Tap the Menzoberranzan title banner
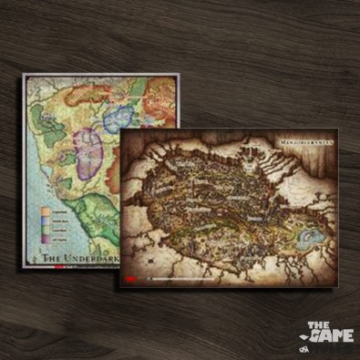click(x=304, y=142)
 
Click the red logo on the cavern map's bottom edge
click(x=132, y=278)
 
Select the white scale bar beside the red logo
click(x=182, y=278)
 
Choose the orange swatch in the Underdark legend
click(x=46, y=210)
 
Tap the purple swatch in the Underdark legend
click(x=46, y=238)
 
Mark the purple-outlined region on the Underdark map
click(x=88, y=150)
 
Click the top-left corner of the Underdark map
click(x=26, y=76)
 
